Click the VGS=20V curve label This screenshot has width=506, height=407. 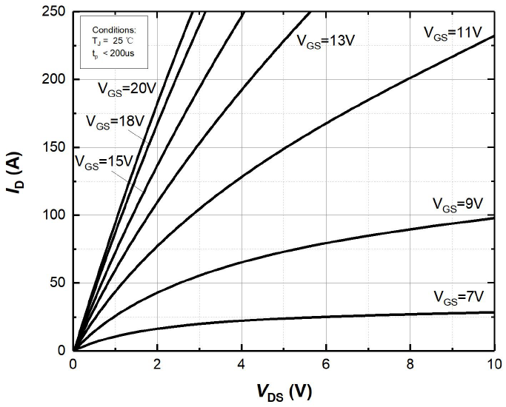click(x=127, y=88)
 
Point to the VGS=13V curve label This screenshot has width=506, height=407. click(x=326, y=40)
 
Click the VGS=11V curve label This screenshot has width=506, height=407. click(x=453, y=32)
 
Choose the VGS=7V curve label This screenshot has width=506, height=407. click(x=459, y=297)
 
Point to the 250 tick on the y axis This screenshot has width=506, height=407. click(x=53, y=12)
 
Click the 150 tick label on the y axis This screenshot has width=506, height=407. click(x=53, y=147)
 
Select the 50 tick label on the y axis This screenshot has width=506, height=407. click(x=56, y=283)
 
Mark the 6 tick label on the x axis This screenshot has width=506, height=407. click(x=326, y=365)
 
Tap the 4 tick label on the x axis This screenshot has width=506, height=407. click(x=242, y=365)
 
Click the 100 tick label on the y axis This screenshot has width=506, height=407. click(x=53, y=215)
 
